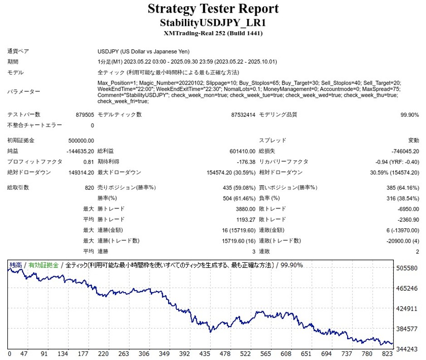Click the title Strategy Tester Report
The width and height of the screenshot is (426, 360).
pyautogui.click(x=213, y=9)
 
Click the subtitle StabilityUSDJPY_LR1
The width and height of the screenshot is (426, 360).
pyautogui.click(x=213, y=23)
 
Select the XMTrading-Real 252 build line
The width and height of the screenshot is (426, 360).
pyautogui.click(x=213, y=33)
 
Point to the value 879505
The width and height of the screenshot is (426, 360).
pyautogui.click(x=85, y=115)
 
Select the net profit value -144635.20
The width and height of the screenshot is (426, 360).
pyautogui.click(x=80, y=151)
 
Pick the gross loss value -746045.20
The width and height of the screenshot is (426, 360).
pyautogui.click(x=405, y=151)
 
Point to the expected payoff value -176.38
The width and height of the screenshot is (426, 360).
pyautogui.click(x=243, y=162)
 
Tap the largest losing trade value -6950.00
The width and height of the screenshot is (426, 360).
pyautogui.click(x=407, y=209)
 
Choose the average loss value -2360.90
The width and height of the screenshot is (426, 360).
pyautogui.click(x=407, y=219)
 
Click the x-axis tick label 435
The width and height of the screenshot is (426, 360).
pyautogui.click(x=205, y=354)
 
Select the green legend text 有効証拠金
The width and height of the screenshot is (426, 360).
pyautogui.click(x=44, y=265)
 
